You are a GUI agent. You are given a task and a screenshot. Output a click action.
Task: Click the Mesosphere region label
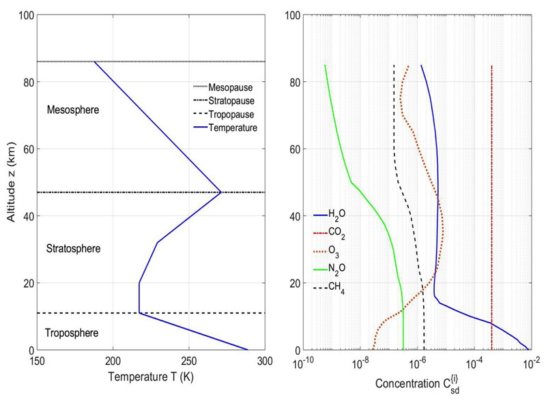click(68, 110)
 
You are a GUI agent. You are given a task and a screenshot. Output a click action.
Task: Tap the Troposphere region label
click(72, 333)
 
